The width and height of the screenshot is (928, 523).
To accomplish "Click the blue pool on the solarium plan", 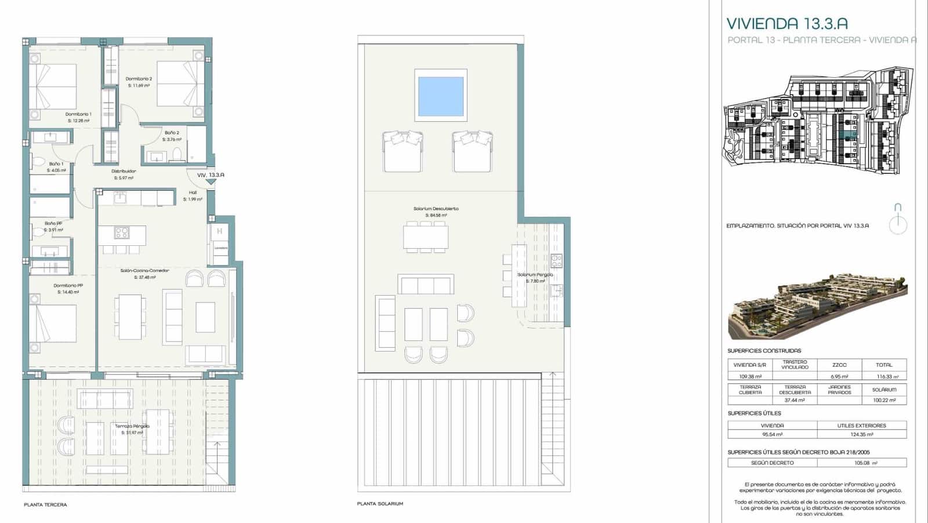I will (440, 95).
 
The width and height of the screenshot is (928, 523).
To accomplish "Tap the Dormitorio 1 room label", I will (78, 114).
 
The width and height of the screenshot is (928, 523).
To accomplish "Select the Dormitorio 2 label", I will (139, 79).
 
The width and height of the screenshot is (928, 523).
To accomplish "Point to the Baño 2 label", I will (172, 133).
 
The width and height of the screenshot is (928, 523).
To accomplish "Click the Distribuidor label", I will (124, 171).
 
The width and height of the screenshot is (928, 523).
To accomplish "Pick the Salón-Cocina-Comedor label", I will (144, 271).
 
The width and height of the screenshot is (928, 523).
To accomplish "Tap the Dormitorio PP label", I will (68, 285).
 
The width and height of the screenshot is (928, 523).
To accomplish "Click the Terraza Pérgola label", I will (132, 426).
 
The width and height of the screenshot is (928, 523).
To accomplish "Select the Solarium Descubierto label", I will (436, 209).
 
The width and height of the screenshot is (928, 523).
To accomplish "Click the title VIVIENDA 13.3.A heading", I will (787, 24).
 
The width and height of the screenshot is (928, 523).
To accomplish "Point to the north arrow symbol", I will (898, 219).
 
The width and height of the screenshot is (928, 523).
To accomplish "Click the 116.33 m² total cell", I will (884, 376).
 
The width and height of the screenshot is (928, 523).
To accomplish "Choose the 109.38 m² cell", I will (749, 376).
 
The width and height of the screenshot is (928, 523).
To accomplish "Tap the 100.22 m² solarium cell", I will (884, 400).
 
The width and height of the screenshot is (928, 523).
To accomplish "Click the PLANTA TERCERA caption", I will (45, 504).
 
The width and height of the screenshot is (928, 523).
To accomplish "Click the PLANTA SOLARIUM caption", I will (380, 504).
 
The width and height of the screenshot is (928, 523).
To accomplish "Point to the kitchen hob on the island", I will (121, 233).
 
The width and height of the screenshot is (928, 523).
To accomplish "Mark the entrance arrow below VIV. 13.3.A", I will (211, 182).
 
